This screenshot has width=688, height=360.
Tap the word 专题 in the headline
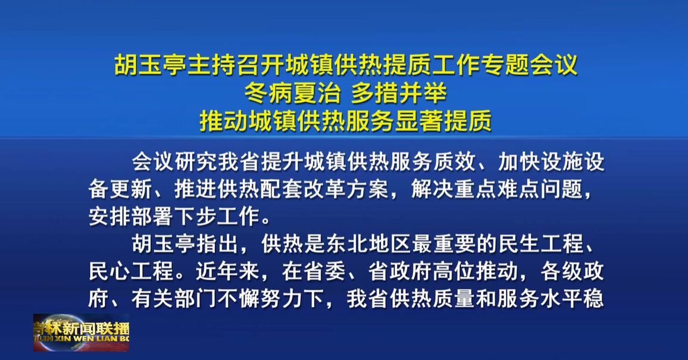tap(505, 65)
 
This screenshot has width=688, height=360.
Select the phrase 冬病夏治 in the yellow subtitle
tap(293, 93)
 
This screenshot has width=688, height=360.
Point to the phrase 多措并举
tap(399, 93)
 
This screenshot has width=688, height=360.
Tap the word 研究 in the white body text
tap(196, 161)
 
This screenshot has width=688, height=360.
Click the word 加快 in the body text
tap(520, 161)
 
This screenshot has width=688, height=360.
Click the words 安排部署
tap(131, 217)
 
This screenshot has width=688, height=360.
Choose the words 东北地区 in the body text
tap(368, 244)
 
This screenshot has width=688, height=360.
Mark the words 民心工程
tap(131, 271)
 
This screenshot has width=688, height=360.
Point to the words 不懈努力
tap(261, 299)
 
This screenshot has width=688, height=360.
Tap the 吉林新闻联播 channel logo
tap(81, 333)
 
